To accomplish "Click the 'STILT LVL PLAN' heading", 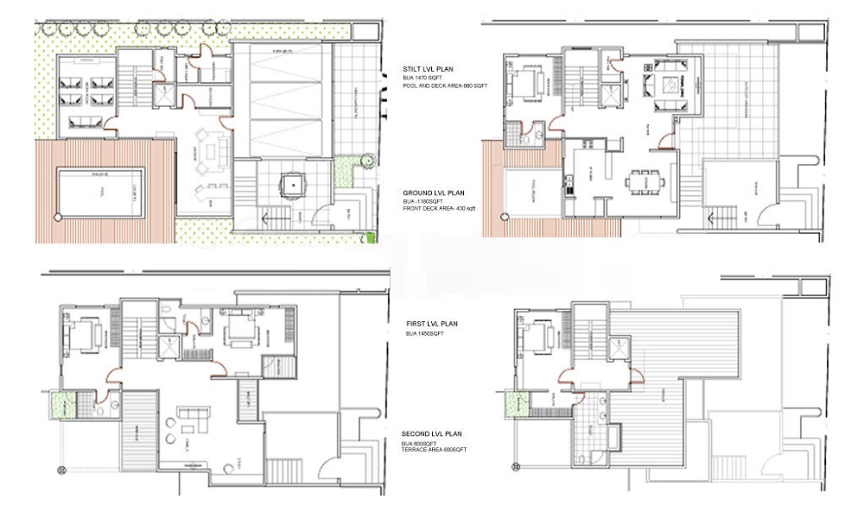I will (x=429, y=68).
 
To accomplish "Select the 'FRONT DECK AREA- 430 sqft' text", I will (x=437, y=210).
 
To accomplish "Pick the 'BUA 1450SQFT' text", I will (x=424, y=333).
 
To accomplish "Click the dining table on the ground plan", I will (x=645, y=182).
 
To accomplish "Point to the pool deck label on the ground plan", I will (x=534, y=189).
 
